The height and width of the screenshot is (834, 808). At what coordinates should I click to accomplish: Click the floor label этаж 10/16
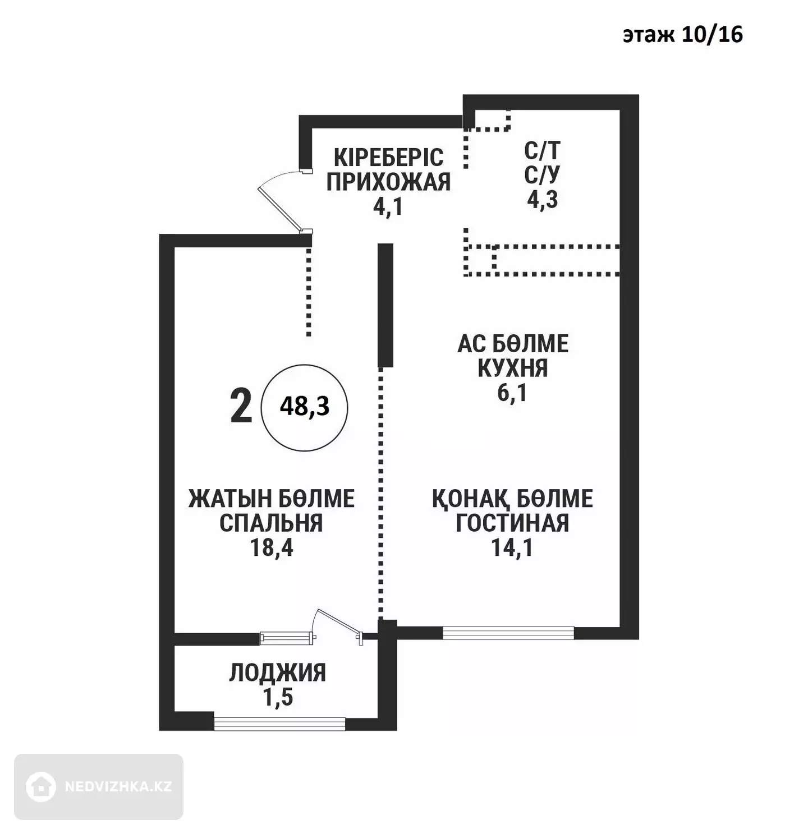click(x=682, y=35)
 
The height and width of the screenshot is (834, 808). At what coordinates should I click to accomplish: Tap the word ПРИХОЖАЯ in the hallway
click(x=388, y=182)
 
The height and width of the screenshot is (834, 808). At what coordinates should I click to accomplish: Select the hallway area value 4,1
click(x=388, y=207)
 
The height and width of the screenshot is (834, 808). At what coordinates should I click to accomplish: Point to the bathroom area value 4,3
click(x=542, y=199)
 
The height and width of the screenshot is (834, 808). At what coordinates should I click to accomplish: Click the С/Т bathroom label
click(x=542, y=150)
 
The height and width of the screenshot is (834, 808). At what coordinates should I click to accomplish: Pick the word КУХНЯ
click(x=512, y=368)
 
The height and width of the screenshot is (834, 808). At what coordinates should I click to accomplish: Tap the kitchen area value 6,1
click(x=512, y=393)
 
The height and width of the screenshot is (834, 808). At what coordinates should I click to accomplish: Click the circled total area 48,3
click(x=305, y=406)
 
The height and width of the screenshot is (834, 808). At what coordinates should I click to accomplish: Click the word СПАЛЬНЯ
click(x=271, y=523)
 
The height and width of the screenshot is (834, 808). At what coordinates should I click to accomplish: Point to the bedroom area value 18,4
click(x=272, y=547)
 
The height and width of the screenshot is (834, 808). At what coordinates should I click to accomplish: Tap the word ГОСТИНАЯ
click(x=512, y=523)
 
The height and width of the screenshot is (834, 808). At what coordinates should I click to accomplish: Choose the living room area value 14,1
click(x=512, y=547)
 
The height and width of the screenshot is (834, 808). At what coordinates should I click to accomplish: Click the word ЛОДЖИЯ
click(x=278, y=673)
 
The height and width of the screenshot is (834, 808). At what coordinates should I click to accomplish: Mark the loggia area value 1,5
click(x=278, y=698)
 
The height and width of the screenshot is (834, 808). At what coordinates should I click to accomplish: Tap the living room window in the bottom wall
click(x=508, y=633)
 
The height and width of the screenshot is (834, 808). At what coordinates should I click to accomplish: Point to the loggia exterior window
click(x=279, y=724)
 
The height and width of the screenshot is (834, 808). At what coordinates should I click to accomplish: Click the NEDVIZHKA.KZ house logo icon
click(x=41, y=786)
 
